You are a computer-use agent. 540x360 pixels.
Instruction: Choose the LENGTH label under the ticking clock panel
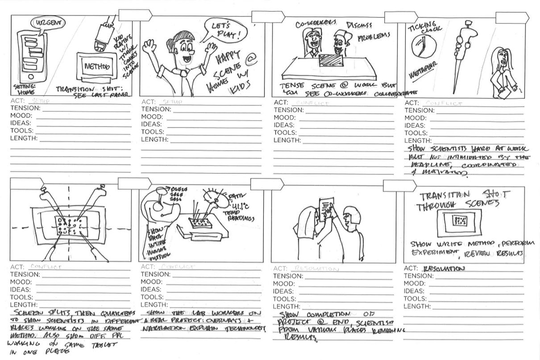417,140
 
